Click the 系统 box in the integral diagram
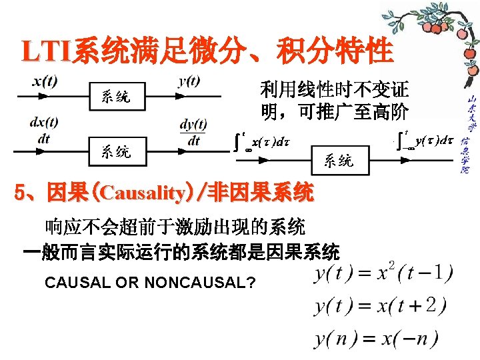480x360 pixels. coord(339,160)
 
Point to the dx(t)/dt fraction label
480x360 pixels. coord(44,130)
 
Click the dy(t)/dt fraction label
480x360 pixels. coord(193,132)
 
